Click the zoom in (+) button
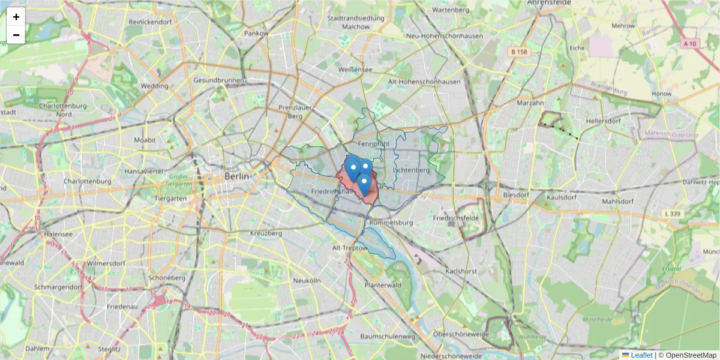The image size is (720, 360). [x=16, y=17]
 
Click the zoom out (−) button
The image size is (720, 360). [x=16, y=35]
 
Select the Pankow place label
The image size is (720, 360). [x=256, y=34]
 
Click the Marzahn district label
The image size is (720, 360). [x=530, y=103]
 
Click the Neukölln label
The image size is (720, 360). [x=307, y=280]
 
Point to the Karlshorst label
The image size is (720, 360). [x=461, y=271]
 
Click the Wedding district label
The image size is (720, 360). [x=154, y=86]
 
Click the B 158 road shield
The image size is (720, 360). [x=519, y=52]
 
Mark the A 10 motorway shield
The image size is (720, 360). [x=689, y=44]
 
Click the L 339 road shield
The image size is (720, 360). [x=674, y=214]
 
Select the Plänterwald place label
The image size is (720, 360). [x=382, y=285]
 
